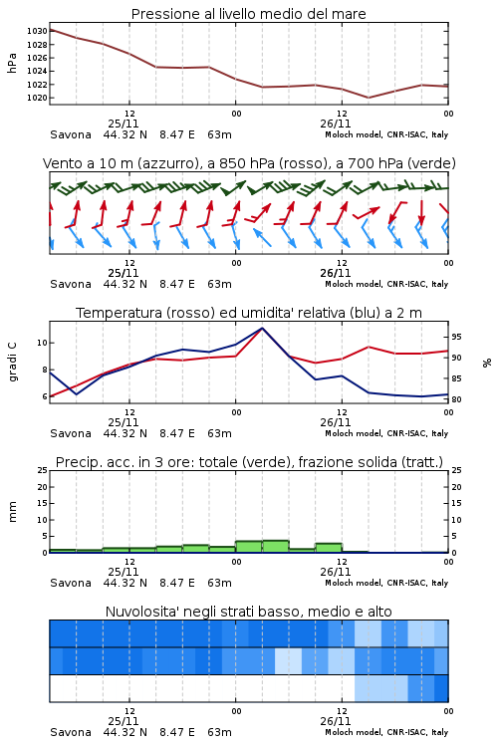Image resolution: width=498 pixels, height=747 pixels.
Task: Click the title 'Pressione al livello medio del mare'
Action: coord(248,14)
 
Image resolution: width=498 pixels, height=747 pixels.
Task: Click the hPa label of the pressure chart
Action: coord(12,63)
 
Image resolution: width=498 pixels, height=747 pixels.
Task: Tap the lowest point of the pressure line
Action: coord(368,98)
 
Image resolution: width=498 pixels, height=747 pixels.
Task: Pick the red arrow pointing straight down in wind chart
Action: coord(421,212)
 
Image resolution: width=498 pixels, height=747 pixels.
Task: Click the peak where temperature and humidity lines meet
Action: coord(262,328)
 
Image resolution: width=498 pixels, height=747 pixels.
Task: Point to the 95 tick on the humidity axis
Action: coord(456,337)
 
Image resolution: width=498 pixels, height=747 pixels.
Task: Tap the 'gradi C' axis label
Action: coord(12,362)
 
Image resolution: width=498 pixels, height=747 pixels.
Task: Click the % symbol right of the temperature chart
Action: coord(487,363)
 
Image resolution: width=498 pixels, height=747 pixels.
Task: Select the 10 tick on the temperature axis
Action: coord(43,343)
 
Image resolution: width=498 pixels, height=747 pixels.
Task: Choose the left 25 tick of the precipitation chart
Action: coord(43,470)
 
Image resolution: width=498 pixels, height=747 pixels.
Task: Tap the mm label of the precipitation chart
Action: coord(12,512)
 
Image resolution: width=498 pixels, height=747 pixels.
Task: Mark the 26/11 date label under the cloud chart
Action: coord(336,721)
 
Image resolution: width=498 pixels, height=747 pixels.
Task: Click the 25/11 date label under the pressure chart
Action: coord(124,124)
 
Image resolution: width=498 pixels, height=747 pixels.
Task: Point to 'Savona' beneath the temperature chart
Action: coord(71,433)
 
